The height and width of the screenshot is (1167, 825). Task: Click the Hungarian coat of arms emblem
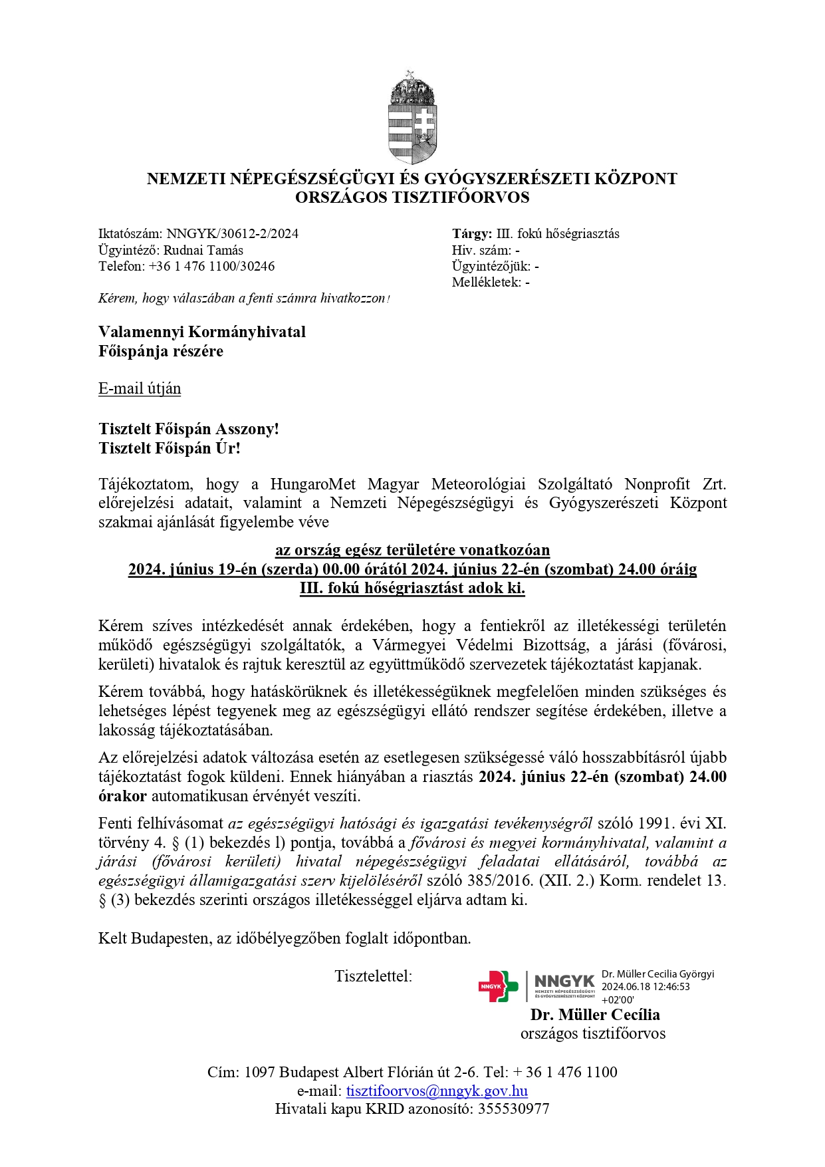coord(412,118)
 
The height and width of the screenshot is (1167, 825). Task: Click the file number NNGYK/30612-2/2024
coord(232,234)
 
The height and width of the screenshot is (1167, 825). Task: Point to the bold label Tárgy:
coord(472,234)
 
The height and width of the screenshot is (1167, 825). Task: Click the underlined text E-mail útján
coord(140,389)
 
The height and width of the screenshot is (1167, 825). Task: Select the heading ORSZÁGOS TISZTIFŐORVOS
coord(412,197)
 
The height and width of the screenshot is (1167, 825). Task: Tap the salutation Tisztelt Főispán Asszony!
coord(189,430)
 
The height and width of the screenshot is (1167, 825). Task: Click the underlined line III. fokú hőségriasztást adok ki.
coord(412,588)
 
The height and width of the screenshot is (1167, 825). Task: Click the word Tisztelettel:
coord(374,977)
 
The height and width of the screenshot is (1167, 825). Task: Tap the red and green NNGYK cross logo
coord(498,987)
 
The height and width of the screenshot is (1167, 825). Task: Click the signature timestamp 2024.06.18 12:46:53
coord(646,987)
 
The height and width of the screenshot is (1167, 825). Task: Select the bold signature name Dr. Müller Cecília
coord(595,1015)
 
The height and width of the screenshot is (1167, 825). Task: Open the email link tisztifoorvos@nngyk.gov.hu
coord(437,1091)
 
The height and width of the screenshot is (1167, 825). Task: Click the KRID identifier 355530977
coord(513,1109)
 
